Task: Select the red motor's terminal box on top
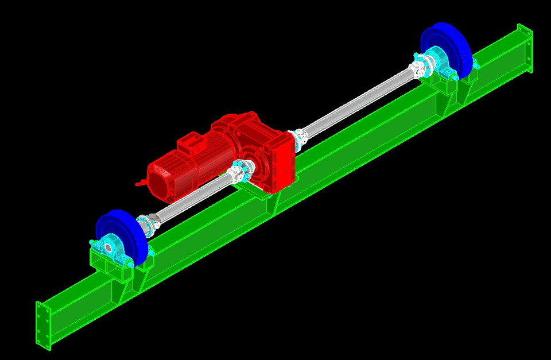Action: click(190, 144)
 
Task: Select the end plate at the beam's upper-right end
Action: click(525, 48)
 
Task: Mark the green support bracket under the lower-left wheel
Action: click(115, 270)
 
